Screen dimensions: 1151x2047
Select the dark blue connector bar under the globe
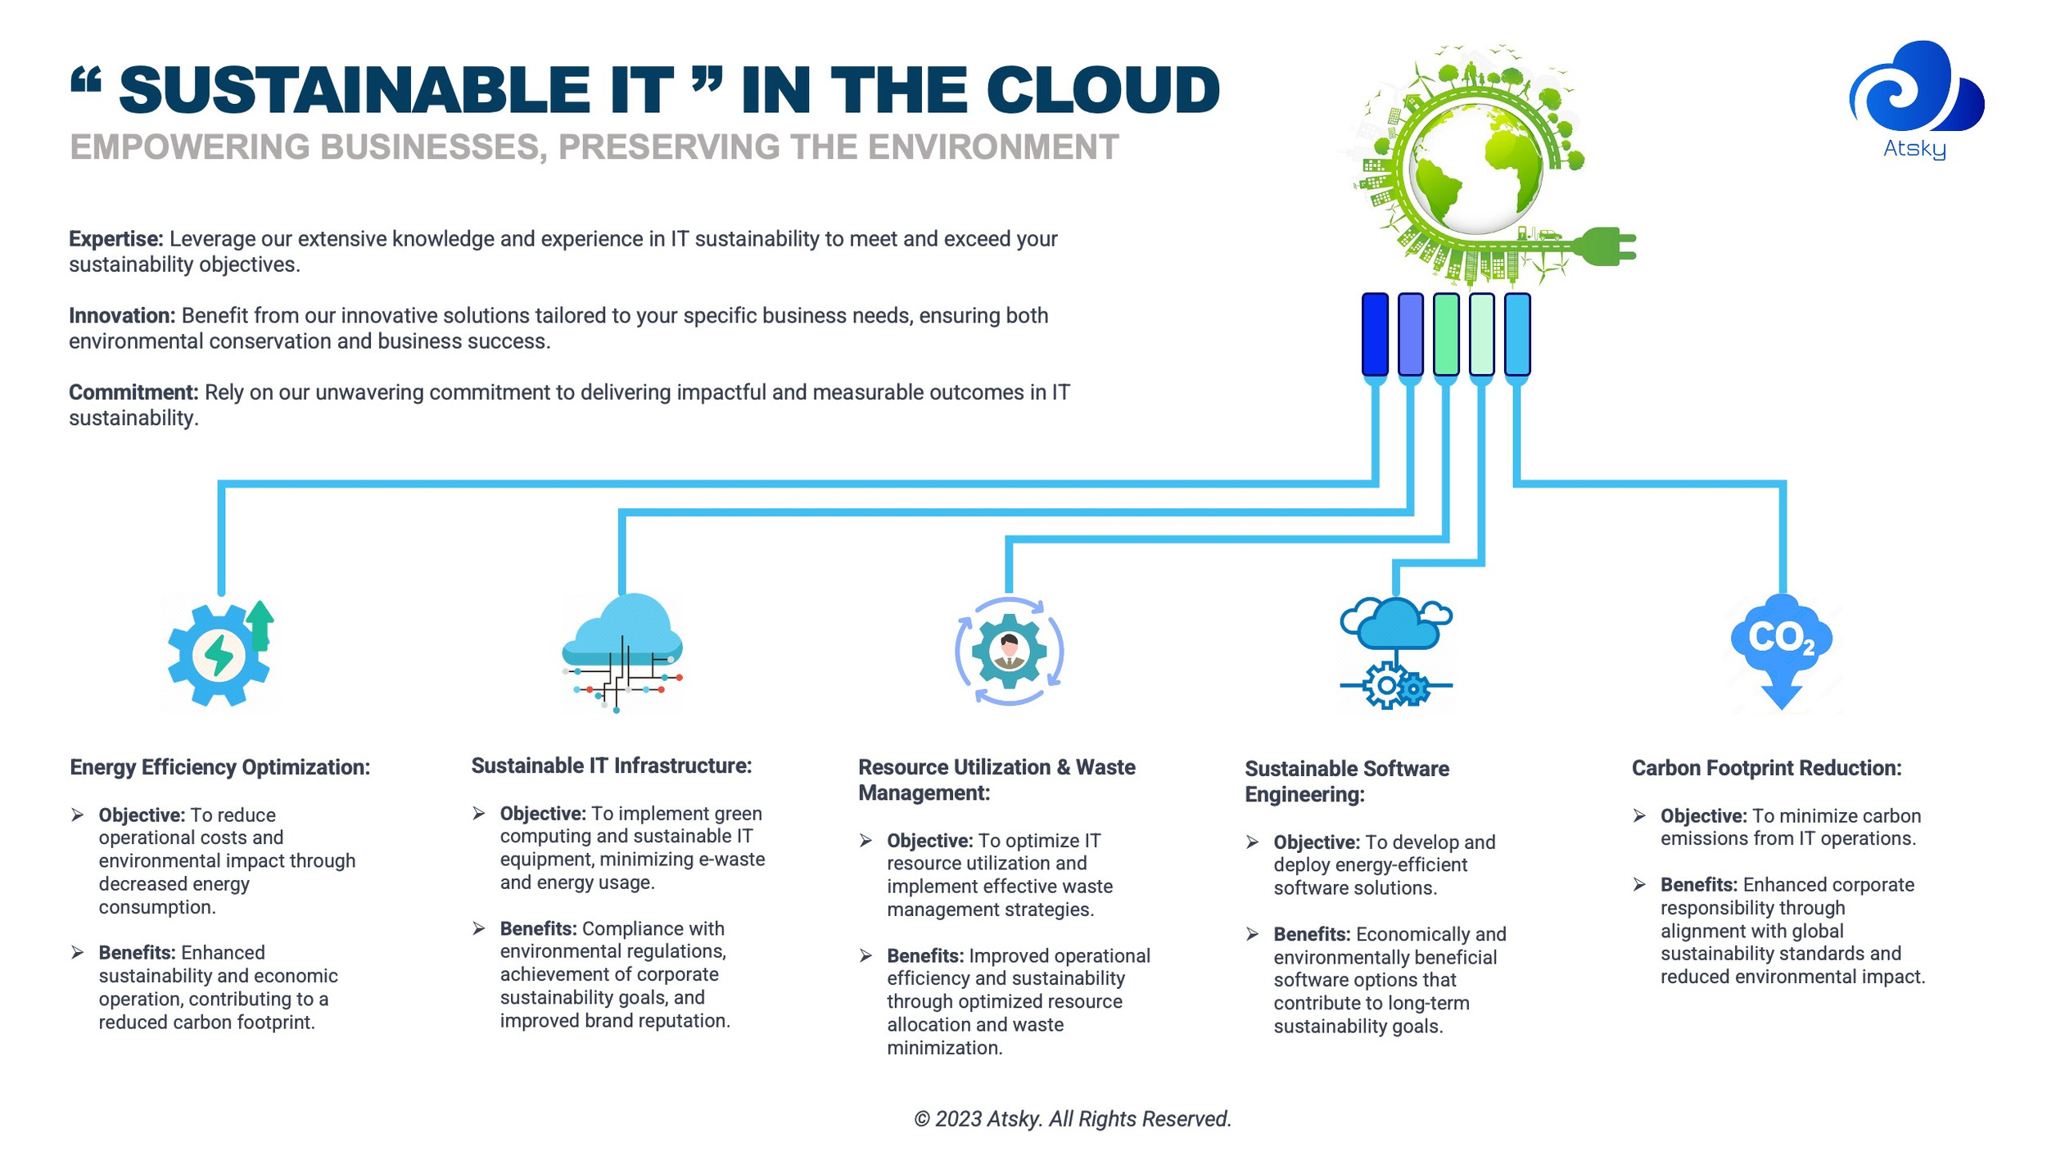[x=1375, y=335]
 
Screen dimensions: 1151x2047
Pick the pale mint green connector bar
[x=1481, y=335]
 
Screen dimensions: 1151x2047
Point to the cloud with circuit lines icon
[x=622, y=651]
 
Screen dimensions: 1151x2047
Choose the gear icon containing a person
[x=1009, y=652]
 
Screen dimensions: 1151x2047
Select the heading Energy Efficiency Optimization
[x=219, y=767]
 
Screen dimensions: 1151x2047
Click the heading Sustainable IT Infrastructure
[x=611, y=765]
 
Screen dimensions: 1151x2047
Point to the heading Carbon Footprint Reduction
[x=1766, y=768]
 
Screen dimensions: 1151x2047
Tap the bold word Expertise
[x=115, y=239]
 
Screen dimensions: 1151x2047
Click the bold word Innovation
[x=121, y=316]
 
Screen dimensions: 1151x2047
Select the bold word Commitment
[x=133, y=393]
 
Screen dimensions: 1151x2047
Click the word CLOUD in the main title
[x=1102, y=90]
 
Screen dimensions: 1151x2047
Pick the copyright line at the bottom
[x=1072, y=1118]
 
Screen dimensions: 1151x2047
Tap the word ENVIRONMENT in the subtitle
[x=992, y=147]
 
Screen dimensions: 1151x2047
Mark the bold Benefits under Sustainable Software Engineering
[x=1311, y=934]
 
